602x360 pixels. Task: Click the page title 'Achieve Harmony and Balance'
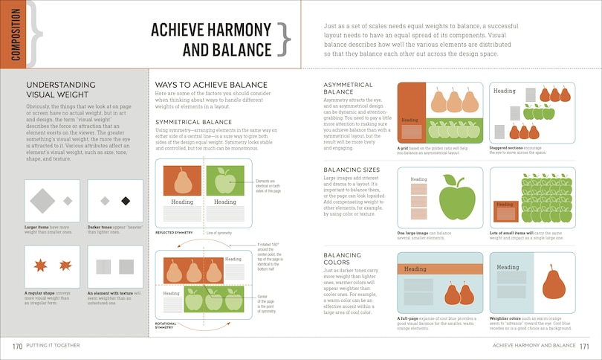[x=210, y=39]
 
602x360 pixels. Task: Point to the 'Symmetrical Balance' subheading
[x=193, y=121]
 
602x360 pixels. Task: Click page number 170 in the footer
[x=16, y=347]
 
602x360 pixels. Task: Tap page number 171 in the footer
[x=585, y=347]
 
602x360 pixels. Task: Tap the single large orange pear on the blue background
[x=553, y=285]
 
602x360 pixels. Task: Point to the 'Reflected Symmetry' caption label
[x=175, y=232]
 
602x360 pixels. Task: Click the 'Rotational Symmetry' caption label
[x=166, y=326]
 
